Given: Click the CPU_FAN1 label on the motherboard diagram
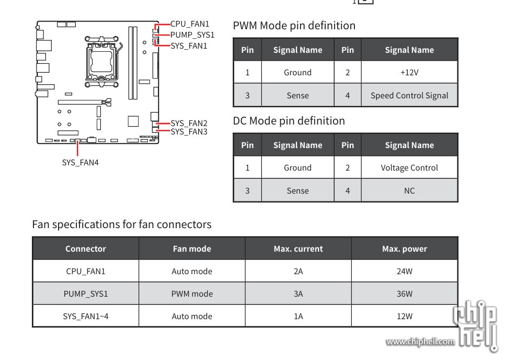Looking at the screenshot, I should [x=190, y=24].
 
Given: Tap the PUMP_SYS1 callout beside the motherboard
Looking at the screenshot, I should [x=192, y=35].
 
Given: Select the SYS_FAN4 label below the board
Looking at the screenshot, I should [x=80, y=162].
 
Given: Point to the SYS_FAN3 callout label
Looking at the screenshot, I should [x=189, y=131].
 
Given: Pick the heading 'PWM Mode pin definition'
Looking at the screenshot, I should [x=294, y=26].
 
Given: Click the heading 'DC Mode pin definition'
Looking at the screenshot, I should [x=289, y=121].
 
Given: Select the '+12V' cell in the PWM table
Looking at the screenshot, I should [x=409, y=73].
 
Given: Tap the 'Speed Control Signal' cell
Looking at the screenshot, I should [x=409, y=96].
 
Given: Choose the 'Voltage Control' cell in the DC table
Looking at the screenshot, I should [x=409, y=168].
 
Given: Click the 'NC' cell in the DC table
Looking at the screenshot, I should [x=409, y=191].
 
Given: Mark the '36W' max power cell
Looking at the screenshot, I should [x=404, y=294].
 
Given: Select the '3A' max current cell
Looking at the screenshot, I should [x=298, y=294].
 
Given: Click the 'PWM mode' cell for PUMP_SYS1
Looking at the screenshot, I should [x=192, y=294].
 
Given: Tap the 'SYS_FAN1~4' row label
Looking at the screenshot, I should [x=86, y=316].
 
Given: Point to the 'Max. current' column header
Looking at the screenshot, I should [x=298, y=249].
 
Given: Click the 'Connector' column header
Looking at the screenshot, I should [x=86, y=249].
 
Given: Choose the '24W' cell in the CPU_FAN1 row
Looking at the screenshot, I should [x=404, y=271].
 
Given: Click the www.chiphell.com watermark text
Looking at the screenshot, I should [x=420, y=342].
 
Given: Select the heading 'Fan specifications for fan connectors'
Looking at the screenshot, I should [x=122, y=224].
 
